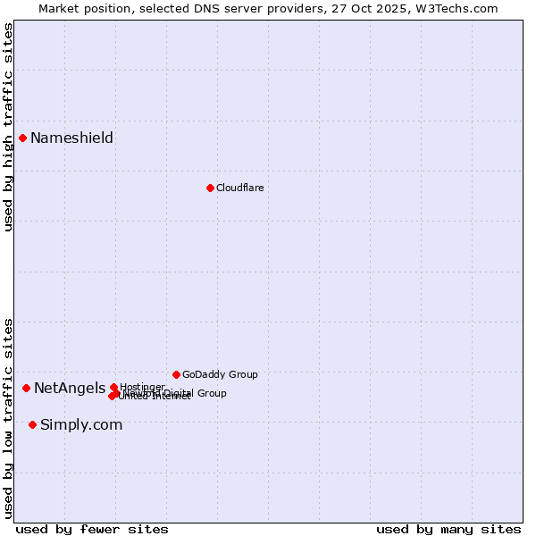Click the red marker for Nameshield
pos(23,138)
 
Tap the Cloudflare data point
pos(210,188)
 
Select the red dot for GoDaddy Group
pos(176,374)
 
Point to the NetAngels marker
pos(27,388)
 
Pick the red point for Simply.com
pos(33,424)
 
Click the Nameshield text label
pos(71,138)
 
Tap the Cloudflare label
pos(239,188)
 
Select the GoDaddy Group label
pos(220,374)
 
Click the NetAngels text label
pos(69,388)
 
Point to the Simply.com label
pos(81,424)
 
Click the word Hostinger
pos(142,387)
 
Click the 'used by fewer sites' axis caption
pos(92,529)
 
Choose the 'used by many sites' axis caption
pos(448,529)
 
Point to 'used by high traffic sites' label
pos(8,127)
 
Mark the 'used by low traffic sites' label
pos(8,417)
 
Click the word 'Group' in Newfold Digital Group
pos(212,393)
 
